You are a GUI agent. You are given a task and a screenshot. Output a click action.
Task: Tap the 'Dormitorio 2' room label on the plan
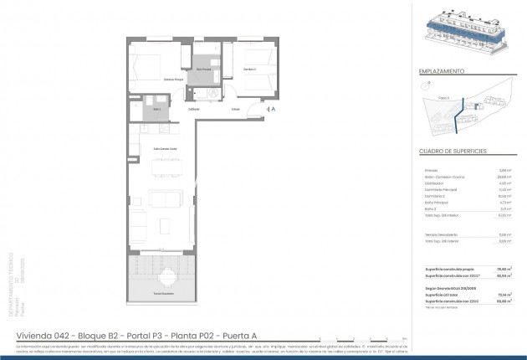[250, 69]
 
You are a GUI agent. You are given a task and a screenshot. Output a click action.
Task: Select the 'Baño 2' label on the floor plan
[156, 109]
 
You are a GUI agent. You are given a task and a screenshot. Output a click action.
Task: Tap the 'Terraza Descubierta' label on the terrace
[164, 294]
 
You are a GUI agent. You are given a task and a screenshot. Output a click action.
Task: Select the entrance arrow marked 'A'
[269, 109]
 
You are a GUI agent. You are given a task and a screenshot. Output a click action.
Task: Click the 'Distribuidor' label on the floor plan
[194, 109]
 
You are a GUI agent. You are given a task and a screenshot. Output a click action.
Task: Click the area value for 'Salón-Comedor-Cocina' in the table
[504, 177]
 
